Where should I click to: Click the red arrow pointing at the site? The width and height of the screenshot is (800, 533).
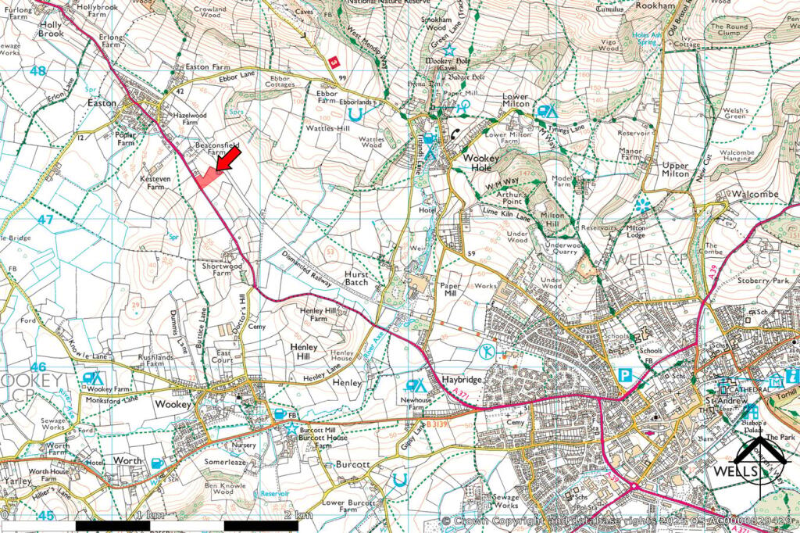(227, 161)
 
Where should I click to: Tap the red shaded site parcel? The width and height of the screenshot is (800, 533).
(206, 179)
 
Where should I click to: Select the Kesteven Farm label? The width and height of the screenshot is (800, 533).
(154, 183)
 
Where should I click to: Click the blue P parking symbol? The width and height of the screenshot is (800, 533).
(625, 375)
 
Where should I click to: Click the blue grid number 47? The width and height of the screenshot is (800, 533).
(45, 220)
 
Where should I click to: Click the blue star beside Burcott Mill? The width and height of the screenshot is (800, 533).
(291, 427)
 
